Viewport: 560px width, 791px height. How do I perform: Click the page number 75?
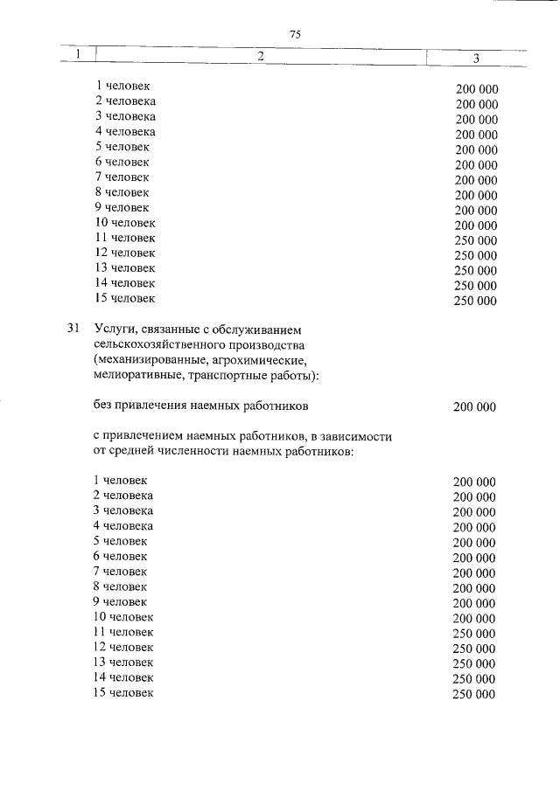click(x=295, y=34)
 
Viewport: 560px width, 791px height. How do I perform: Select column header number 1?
click(x=78, y=56)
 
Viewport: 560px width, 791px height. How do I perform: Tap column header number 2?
click(x=260, y=56)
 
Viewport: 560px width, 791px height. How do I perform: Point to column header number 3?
click(x=476, y=58)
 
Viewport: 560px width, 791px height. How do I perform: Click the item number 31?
click(x=73, y=330)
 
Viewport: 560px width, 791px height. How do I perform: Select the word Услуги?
click(x=113, y=330)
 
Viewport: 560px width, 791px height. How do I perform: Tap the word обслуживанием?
click(x=259, y=330)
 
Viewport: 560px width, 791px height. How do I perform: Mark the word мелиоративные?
click(x=135, y=376)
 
